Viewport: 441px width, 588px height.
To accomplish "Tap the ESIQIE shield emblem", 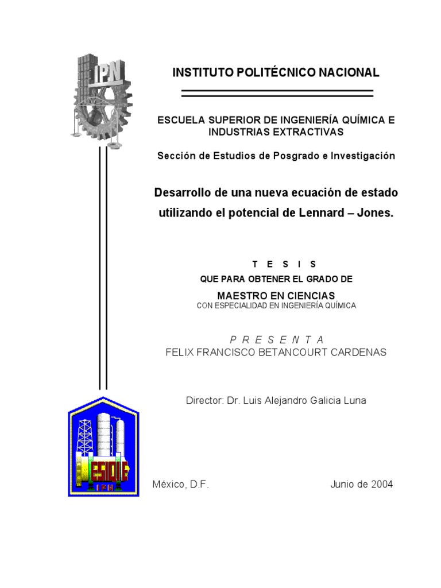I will click(x=103, y=446).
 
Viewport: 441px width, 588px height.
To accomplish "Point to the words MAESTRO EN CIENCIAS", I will click(x=276, y=295).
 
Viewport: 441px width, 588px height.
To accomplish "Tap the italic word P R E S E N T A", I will click(x=276, y=339).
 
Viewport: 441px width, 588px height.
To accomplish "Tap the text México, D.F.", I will click(x=180, y=484).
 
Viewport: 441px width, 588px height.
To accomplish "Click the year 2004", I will click(x=382, y=484).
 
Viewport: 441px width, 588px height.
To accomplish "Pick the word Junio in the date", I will click(x=343, y=484).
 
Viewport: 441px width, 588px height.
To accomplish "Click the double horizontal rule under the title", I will click(x=277, y=92).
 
